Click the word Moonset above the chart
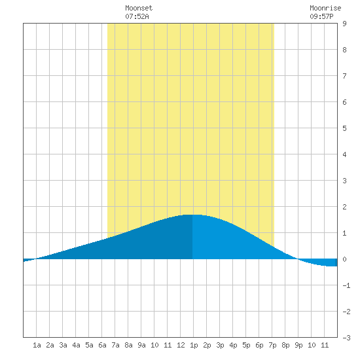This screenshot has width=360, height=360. [x=139, y=8]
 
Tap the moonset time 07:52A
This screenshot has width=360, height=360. [x=137, y=16]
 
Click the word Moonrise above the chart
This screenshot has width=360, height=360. [x=325, y=8]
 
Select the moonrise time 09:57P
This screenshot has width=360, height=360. [x=321, y=16]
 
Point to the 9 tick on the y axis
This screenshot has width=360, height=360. [x=344, y=24]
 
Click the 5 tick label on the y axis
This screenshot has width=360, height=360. [x=344, y=128]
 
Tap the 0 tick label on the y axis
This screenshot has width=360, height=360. [x=344, y=259]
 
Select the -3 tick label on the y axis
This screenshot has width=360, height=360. [x=346, y=338]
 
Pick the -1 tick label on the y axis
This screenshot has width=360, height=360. [x=346, y=285]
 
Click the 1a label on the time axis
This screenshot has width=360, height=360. [x=37, y=345]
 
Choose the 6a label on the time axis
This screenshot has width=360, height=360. [x=102, y=345]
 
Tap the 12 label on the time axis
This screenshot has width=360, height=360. [x=181, y=345]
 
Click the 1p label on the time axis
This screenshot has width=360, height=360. [x=194, y=345]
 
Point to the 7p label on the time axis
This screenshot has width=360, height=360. [x=272, y=345]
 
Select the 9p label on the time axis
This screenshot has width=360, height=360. [x=298, y=345]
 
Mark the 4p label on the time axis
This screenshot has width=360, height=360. [x=233, y=345]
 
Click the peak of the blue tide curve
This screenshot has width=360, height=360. [x=192, y=215]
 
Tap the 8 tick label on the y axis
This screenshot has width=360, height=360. [x=344, y=50]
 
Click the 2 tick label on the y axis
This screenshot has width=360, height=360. [x=344, y=207]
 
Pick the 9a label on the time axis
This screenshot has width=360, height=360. [x=141, y=345]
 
